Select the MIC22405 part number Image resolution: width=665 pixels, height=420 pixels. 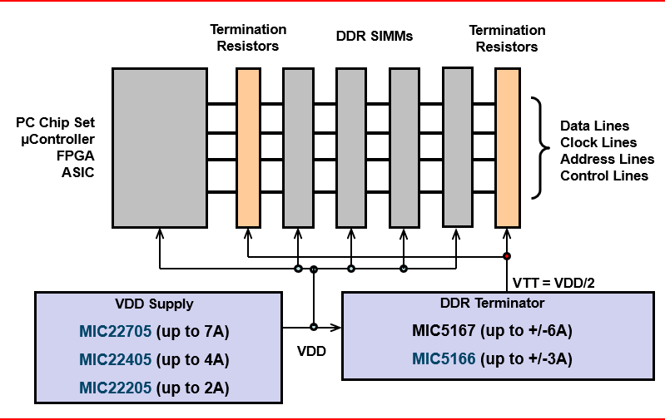(115, 360)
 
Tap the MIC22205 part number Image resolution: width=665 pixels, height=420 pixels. (115, 388)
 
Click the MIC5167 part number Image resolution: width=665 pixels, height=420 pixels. (443, 331)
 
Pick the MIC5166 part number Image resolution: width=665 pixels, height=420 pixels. (443, 359)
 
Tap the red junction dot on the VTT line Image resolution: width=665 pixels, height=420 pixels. (506, 255)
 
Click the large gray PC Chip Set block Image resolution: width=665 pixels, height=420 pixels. (159, 147)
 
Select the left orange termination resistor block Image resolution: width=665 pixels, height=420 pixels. (248, 147)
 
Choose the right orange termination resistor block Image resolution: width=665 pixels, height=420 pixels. (507, 147)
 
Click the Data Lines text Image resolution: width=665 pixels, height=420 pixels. (593, 126)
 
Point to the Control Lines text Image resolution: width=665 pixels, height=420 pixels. (603, 175)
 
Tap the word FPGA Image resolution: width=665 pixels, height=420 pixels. (77, 156)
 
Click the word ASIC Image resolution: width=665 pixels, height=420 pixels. (77, 172)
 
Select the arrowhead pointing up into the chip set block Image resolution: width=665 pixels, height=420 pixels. (159, 234)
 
